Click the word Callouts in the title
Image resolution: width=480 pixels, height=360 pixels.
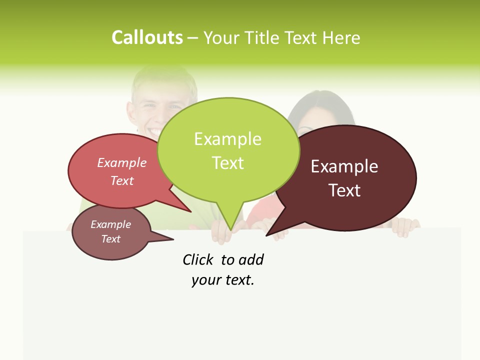click(147, 37)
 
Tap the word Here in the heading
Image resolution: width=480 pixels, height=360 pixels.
click(342, 37)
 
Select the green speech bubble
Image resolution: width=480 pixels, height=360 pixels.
click(228, 150)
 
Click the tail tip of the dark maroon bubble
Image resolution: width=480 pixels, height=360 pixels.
click(266, 235)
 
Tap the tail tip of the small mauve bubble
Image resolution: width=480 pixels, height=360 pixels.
click(173, 239)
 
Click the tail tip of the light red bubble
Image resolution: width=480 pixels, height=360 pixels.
click(191, 211)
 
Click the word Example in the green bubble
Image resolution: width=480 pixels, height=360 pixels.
click(228, 139)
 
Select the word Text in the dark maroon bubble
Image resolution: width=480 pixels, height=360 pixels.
click(345, 190)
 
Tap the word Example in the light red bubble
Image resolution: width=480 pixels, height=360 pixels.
click(122, 162)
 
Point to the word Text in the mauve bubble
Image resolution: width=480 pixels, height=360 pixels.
click(111, 239)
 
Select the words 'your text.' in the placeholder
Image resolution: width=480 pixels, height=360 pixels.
click(223, 280)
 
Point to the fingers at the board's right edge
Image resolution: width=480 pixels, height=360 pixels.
click(405, 228)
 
